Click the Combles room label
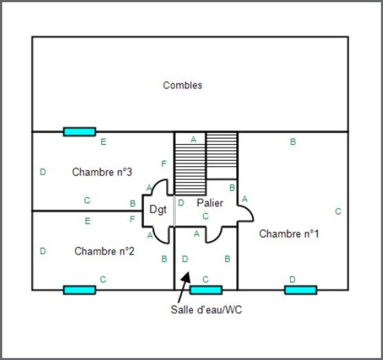183,85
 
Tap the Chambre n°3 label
102,172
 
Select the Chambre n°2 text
104,251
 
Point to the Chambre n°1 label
289,234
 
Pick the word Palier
210,203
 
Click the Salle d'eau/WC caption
206,310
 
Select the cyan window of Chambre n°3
79,131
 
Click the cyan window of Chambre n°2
79,290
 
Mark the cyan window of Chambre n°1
300,290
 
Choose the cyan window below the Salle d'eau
206,290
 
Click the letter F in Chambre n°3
164,164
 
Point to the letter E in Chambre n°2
87,221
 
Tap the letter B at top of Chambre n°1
293,142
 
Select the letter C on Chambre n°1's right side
338,211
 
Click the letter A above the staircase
193,139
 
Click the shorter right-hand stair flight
222,156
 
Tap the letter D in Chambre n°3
43,172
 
